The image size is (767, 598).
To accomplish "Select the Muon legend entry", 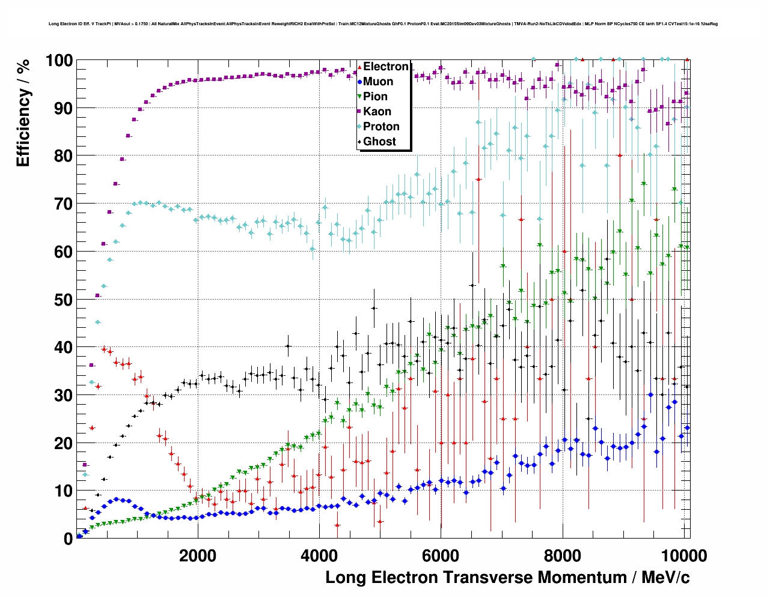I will click(378, 82).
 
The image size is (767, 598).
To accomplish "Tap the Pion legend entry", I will click(375, 97).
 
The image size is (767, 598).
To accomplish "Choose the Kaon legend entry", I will click(377, 112).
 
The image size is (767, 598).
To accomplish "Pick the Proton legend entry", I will click(381, 127).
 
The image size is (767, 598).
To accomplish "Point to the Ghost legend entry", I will click(379, 142).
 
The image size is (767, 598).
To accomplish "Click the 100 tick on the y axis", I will click(59, 61).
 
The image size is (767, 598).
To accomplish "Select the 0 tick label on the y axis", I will click(68, 539).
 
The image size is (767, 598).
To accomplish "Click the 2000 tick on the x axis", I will click(198, 555).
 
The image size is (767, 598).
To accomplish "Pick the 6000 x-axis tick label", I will click(441, 555).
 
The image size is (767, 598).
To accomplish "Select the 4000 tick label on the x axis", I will click(319, 555).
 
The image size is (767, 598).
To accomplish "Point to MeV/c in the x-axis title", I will click(665, 578).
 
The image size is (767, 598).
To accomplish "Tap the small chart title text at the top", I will click(383, 24).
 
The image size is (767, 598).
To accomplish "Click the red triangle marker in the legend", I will click(359, 67).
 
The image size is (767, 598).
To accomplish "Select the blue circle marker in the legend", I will click(359, 82).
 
